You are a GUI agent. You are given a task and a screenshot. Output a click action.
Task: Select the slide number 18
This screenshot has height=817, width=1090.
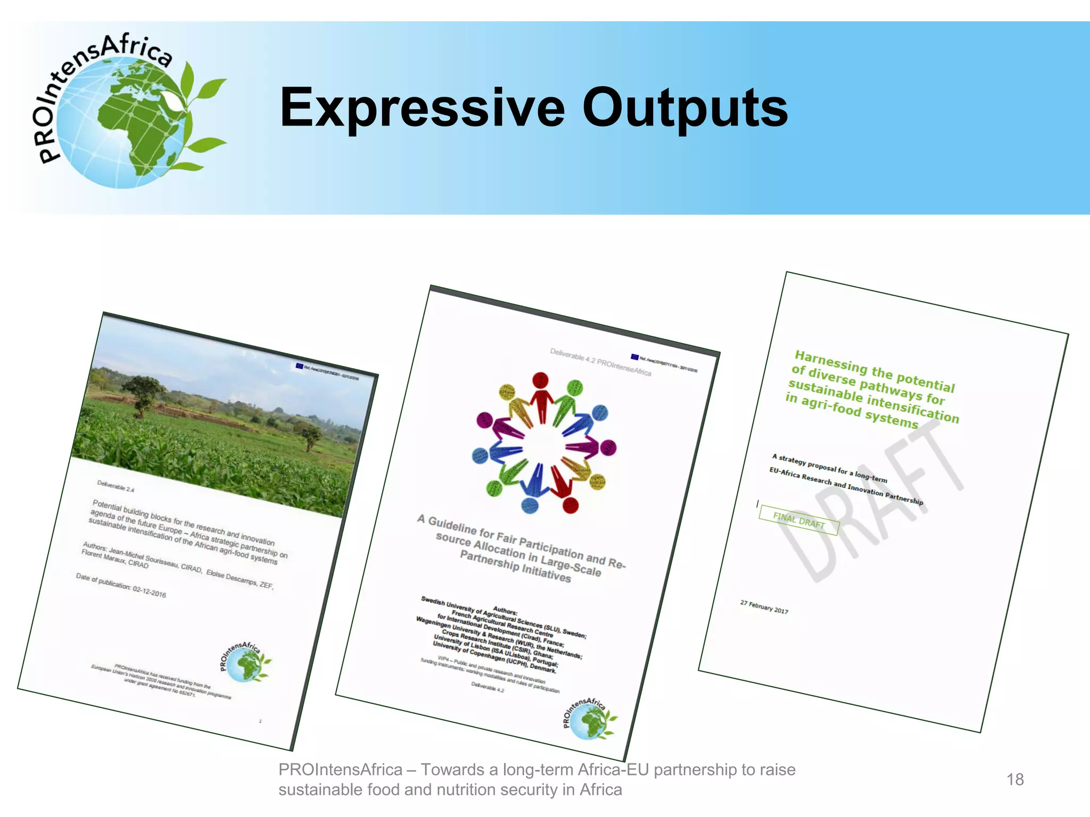1015,780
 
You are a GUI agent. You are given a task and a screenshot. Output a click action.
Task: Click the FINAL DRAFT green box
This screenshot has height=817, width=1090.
798,520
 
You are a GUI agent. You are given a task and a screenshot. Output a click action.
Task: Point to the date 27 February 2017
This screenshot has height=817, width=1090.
764,607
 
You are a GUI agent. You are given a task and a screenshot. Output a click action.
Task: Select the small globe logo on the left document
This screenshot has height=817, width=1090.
245,663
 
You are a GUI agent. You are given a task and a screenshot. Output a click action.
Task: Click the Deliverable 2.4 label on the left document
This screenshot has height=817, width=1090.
115,486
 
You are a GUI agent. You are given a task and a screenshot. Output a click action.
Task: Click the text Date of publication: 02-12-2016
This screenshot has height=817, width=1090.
121,585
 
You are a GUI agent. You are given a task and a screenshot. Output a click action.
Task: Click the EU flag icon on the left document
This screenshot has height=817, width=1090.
299,366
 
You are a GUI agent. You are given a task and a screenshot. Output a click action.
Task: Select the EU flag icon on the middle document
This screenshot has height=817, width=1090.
634,356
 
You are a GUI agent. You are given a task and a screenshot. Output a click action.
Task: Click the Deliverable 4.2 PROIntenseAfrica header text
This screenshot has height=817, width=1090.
600,362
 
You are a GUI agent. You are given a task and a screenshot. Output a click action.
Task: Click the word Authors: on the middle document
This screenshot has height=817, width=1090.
505,611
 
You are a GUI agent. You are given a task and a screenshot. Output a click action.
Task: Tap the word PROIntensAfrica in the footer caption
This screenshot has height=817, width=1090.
340,770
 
